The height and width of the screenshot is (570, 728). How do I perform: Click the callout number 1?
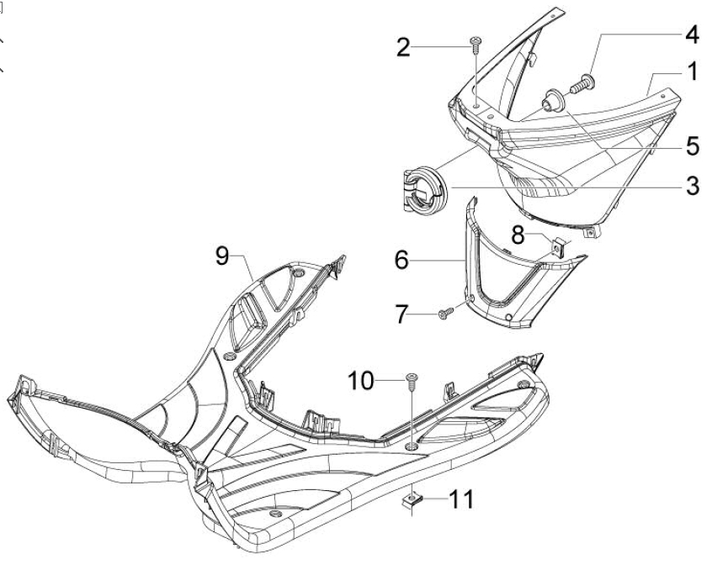point(693,71)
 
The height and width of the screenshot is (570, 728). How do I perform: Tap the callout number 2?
point(403,47)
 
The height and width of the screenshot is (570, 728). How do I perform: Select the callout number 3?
point(693,186)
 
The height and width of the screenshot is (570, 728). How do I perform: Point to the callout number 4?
point(693,34)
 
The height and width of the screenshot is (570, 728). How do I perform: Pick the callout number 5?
point(693,146)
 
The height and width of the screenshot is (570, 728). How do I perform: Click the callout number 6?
point(401,260)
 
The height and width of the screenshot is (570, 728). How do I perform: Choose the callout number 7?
point(401,314)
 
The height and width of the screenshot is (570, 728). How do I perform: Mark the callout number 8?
point(518,235)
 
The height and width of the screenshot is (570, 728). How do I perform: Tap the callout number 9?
point(222,256)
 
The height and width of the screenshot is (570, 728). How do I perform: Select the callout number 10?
point(361,381)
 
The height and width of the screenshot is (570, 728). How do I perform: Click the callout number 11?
point(462,499)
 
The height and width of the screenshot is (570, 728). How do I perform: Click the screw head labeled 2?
point(476,42)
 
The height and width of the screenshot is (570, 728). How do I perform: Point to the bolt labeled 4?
point(582,83)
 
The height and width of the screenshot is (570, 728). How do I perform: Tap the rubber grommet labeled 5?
point(555,101)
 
